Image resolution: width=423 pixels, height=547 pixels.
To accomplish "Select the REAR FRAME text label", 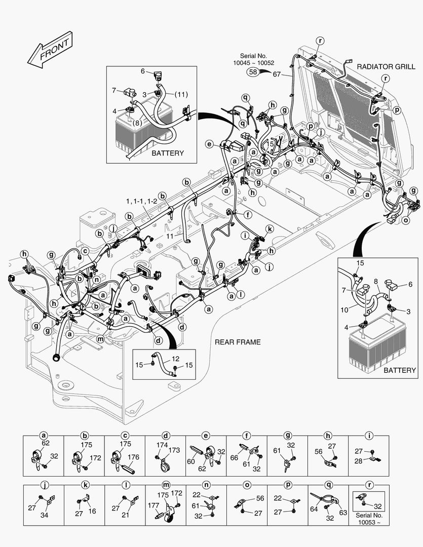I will pyautogui.click(x=238, y=342).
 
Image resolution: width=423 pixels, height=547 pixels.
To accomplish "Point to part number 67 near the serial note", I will pyautogui.click(x=277, y=74).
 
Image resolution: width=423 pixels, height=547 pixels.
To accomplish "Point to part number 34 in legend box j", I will pyautogui.click(x=44, y=516).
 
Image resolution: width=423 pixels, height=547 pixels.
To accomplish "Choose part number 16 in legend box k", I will pyautogui.click(x=92, y=512).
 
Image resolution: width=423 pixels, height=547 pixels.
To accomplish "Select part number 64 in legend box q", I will pyautogui.click(x=314, y=509).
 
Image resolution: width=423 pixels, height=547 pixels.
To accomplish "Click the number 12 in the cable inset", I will pyautogui.click(x=161, y=358).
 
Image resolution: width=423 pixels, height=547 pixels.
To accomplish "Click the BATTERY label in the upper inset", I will pyautogui.click(x=168, y=153).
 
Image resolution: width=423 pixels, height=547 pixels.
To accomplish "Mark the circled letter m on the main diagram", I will pyautogui.click(x=100, y=339).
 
